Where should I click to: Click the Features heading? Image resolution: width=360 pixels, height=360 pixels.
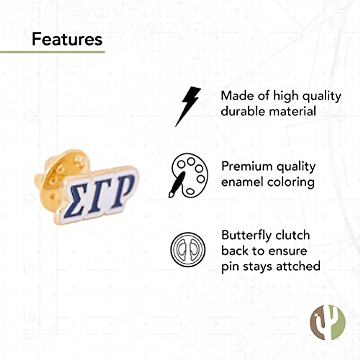tap(67, 39)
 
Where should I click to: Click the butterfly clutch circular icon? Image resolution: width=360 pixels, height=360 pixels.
tap(188, 250)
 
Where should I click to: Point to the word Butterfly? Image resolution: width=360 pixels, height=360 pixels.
tap(246, 235)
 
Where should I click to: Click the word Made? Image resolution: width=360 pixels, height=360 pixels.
tap(235, 96)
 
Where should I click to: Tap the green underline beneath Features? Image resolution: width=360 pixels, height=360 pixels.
tap(52, 52)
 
